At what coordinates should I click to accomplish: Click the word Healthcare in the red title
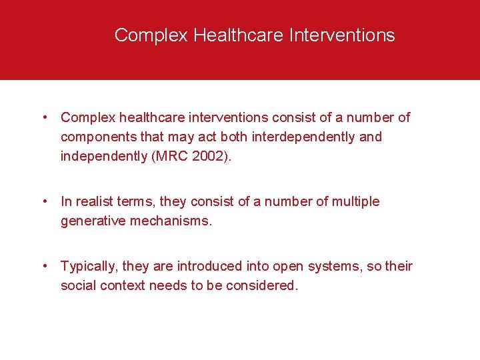[239, 35]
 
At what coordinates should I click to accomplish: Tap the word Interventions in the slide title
[342, 35]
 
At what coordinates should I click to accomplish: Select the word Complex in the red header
[151, 35]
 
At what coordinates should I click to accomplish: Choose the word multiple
[356, 201]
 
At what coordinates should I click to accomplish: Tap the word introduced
[221, 267]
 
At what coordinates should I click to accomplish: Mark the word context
[123, 286]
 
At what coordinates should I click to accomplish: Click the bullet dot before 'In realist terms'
[43, 201]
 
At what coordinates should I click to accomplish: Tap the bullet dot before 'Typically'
[43, 267]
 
